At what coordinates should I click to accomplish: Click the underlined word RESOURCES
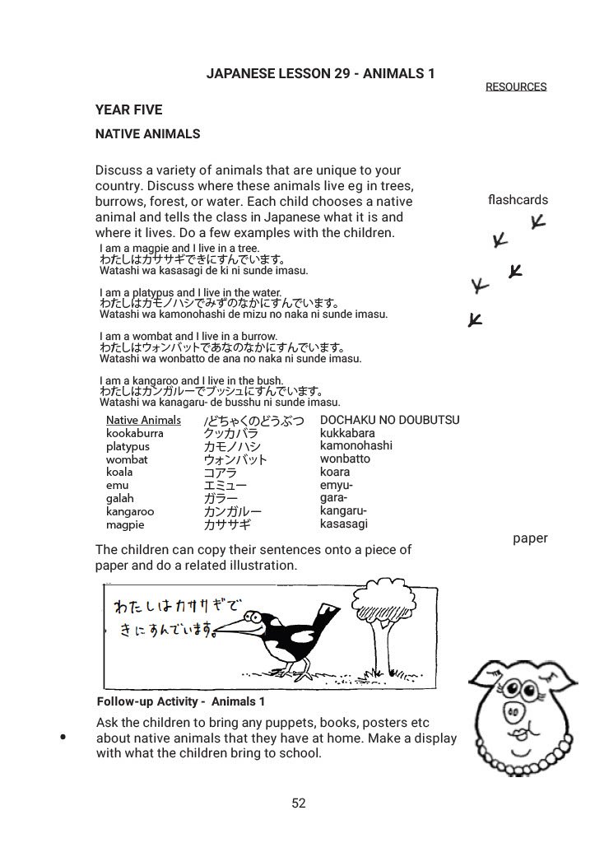[515, 86]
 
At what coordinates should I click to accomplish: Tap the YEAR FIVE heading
[129, 110]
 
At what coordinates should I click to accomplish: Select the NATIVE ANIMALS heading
[148, 133]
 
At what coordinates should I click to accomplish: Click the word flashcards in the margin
[517, 200]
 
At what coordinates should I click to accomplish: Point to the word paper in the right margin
[529, 538]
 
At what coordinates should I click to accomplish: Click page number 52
[299, 803]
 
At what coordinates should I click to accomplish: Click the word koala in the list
[119, 473]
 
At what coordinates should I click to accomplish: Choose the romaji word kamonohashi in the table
[356, 446]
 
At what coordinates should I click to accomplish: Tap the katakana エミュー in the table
[225, 486]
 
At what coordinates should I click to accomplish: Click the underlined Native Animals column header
[143, 420]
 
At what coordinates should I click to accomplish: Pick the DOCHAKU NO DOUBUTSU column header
[389, 420]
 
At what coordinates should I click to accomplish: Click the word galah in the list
[119, 499]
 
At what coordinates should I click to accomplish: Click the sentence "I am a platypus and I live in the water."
[190, 292]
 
